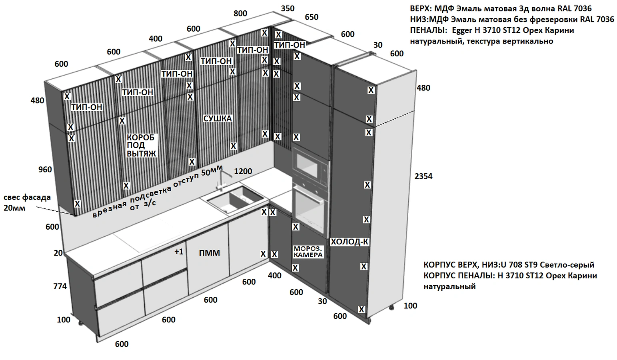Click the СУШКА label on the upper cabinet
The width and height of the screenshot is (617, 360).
(218, 118)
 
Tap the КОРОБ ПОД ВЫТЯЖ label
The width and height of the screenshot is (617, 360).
(141, 145)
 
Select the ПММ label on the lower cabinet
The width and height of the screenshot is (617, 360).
(210, 253)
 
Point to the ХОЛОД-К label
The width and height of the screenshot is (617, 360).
(349, 242)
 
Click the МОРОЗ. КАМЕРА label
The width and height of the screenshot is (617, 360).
(308, 252)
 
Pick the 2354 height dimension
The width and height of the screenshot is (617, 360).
(423, 176)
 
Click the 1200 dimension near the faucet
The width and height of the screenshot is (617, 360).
(243, 171)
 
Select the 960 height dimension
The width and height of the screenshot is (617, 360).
(45, 169)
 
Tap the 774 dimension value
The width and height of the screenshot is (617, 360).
(60, 286)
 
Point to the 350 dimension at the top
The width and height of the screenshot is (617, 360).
(288, 8)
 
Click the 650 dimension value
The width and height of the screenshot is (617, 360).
(311, 17)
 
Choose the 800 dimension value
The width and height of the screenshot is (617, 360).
(240, 13)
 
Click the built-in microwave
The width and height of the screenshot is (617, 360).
(310, 166)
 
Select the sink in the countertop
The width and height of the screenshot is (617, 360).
(234, 199)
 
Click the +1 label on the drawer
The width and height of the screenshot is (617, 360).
(179, 252)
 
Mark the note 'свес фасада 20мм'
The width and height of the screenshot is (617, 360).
(27, 202)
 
